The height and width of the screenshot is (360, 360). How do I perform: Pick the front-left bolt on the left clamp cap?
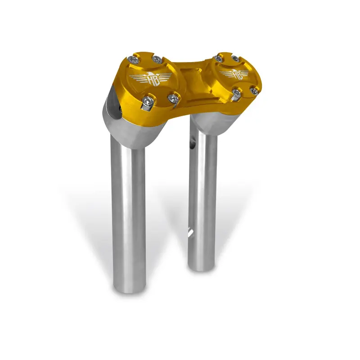point(147,102)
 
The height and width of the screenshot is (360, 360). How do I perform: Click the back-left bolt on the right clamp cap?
point(219,58)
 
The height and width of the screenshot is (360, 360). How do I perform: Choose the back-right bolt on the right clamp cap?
point(235,59)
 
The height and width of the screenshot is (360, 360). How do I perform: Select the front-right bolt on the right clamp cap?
point(254,91)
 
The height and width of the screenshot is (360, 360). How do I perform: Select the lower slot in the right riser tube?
point(191,233)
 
